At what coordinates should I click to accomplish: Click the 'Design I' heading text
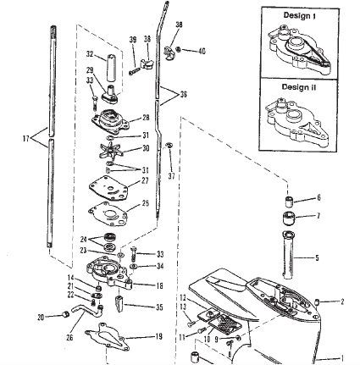coord(299,15)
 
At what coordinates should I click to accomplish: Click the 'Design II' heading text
coord(299,87)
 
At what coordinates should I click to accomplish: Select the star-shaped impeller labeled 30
coord(111,150)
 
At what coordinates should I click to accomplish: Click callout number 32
coord(90,53)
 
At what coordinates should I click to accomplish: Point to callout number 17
coord(26,139)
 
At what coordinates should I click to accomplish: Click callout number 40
coord(202,51)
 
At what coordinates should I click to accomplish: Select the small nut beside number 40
coord(179,49)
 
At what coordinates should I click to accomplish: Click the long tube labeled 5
coord(288,254)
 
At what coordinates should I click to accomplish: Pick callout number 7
coord(318,216)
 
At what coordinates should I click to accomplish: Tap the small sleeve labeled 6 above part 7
coord(288,202)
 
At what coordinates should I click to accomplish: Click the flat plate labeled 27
coord(109,188)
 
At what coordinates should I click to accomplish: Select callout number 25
coord(145,203)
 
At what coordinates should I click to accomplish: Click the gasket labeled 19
coord(108,337)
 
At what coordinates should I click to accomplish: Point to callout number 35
coord(159,307)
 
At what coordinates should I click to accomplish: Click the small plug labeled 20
coord(65,313)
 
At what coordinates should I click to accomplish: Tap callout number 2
coord(342,301)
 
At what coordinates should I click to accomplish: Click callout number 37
coord(171,176)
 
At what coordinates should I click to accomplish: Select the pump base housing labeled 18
coord(109,272)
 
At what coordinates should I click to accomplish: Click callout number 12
coord(183,297)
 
